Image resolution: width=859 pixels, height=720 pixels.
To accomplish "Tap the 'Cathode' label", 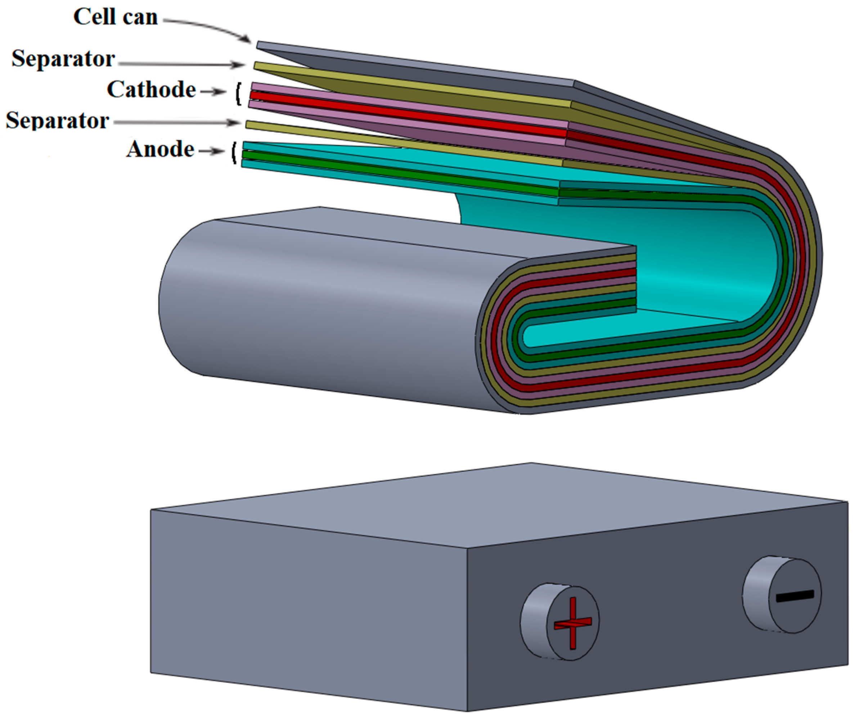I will click(151, 90).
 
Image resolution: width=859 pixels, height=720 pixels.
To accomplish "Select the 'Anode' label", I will click(160, 149).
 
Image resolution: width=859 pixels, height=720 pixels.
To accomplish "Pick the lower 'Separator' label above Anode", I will click(58, 121).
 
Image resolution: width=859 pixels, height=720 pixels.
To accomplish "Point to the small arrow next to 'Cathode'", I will click(213, 92).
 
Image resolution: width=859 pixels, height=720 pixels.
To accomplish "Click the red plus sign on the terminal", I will click(573, 623).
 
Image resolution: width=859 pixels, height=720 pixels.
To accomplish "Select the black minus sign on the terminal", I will click(795, 596).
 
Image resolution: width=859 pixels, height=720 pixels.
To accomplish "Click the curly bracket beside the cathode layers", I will click(238, 94).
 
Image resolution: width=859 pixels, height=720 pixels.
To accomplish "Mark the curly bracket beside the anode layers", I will click(234, 153).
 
